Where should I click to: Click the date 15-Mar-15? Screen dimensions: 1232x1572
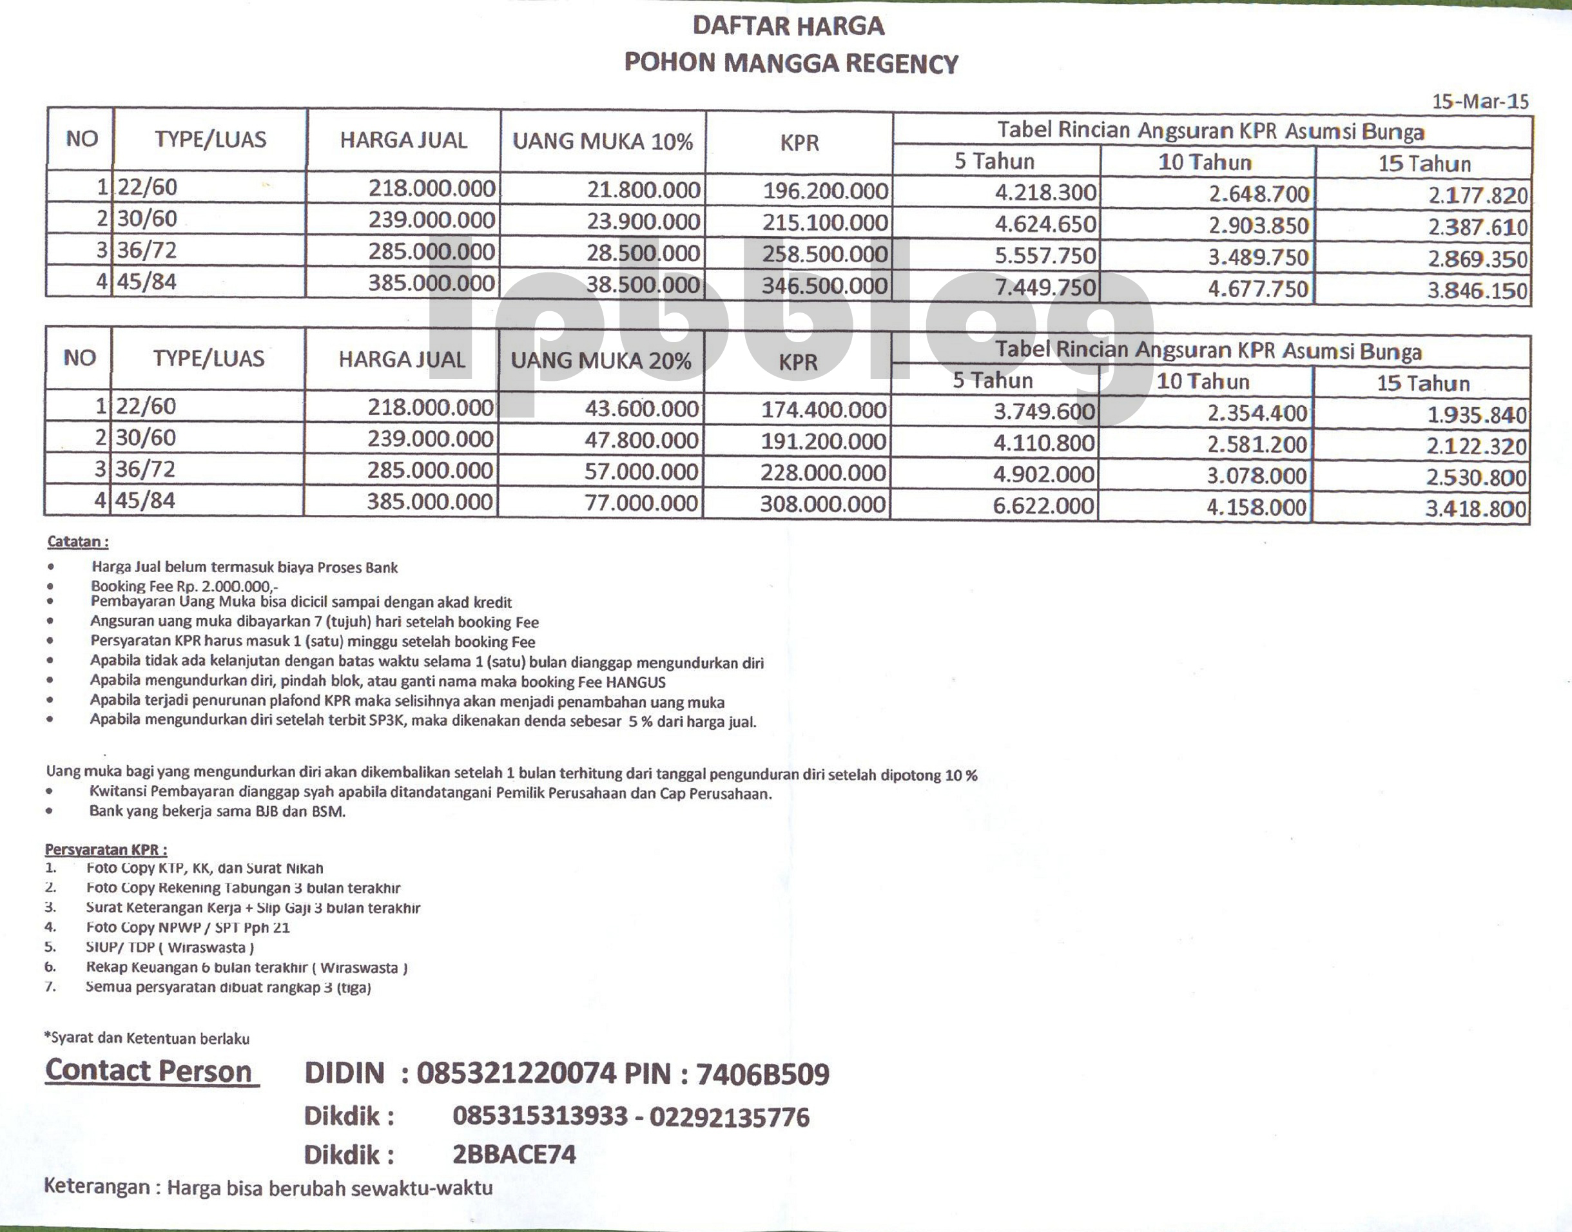1480,102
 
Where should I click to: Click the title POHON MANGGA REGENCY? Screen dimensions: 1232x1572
791,64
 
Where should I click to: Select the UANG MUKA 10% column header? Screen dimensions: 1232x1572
603,141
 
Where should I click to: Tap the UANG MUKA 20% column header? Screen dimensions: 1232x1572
601,361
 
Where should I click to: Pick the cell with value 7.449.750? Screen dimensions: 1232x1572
1045,287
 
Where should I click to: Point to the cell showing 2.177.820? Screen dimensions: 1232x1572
1477,195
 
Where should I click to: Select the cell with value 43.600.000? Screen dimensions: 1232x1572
641,409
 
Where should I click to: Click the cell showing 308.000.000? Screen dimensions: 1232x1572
822,503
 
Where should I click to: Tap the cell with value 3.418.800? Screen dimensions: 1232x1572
1475,508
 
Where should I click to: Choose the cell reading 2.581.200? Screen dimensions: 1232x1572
1257,445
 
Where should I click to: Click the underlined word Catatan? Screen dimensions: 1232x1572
77,542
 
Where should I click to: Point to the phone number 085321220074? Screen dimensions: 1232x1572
516,1074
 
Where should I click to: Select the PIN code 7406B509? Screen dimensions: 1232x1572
762,1075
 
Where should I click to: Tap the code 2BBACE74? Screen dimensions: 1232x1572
514,1155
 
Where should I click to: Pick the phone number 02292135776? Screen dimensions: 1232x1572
730,1117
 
